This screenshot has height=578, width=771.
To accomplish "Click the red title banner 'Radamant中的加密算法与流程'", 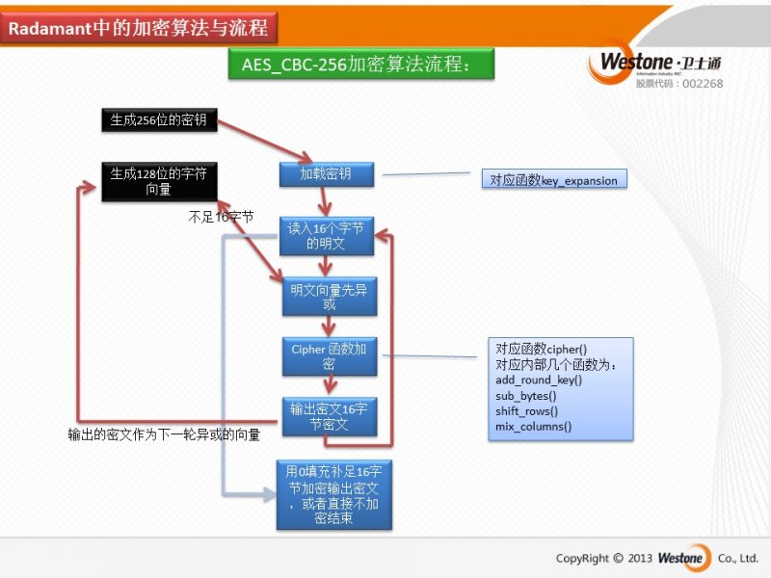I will [139, 29].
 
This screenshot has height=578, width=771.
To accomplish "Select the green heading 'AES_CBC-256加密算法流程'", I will [360, 66].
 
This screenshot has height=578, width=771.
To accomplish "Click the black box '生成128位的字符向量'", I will [158, 181].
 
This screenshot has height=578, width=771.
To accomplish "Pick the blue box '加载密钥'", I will [325, 174].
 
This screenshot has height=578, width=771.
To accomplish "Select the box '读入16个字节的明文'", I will [326, 236].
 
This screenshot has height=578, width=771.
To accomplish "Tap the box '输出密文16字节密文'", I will [328, 416].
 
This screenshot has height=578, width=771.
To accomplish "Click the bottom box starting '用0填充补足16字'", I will [333, 494].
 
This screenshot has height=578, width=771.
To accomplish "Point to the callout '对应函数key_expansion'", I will [554, 180].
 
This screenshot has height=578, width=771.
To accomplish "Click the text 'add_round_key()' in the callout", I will [539, 381].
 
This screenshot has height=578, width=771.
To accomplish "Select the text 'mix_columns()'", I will [533, 426].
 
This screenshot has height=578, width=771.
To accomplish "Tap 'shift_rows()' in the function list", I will [526, 410].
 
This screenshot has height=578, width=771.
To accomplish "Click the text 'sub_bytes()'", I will [526, 395].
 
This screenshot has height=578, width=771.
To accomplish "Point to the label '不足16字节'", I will [221, 218].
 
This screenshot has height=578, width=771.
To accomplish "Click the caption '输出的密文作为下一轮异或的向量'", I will [164, 434].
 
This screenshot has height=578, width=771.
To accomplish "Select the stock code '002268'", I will [703, 84].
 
